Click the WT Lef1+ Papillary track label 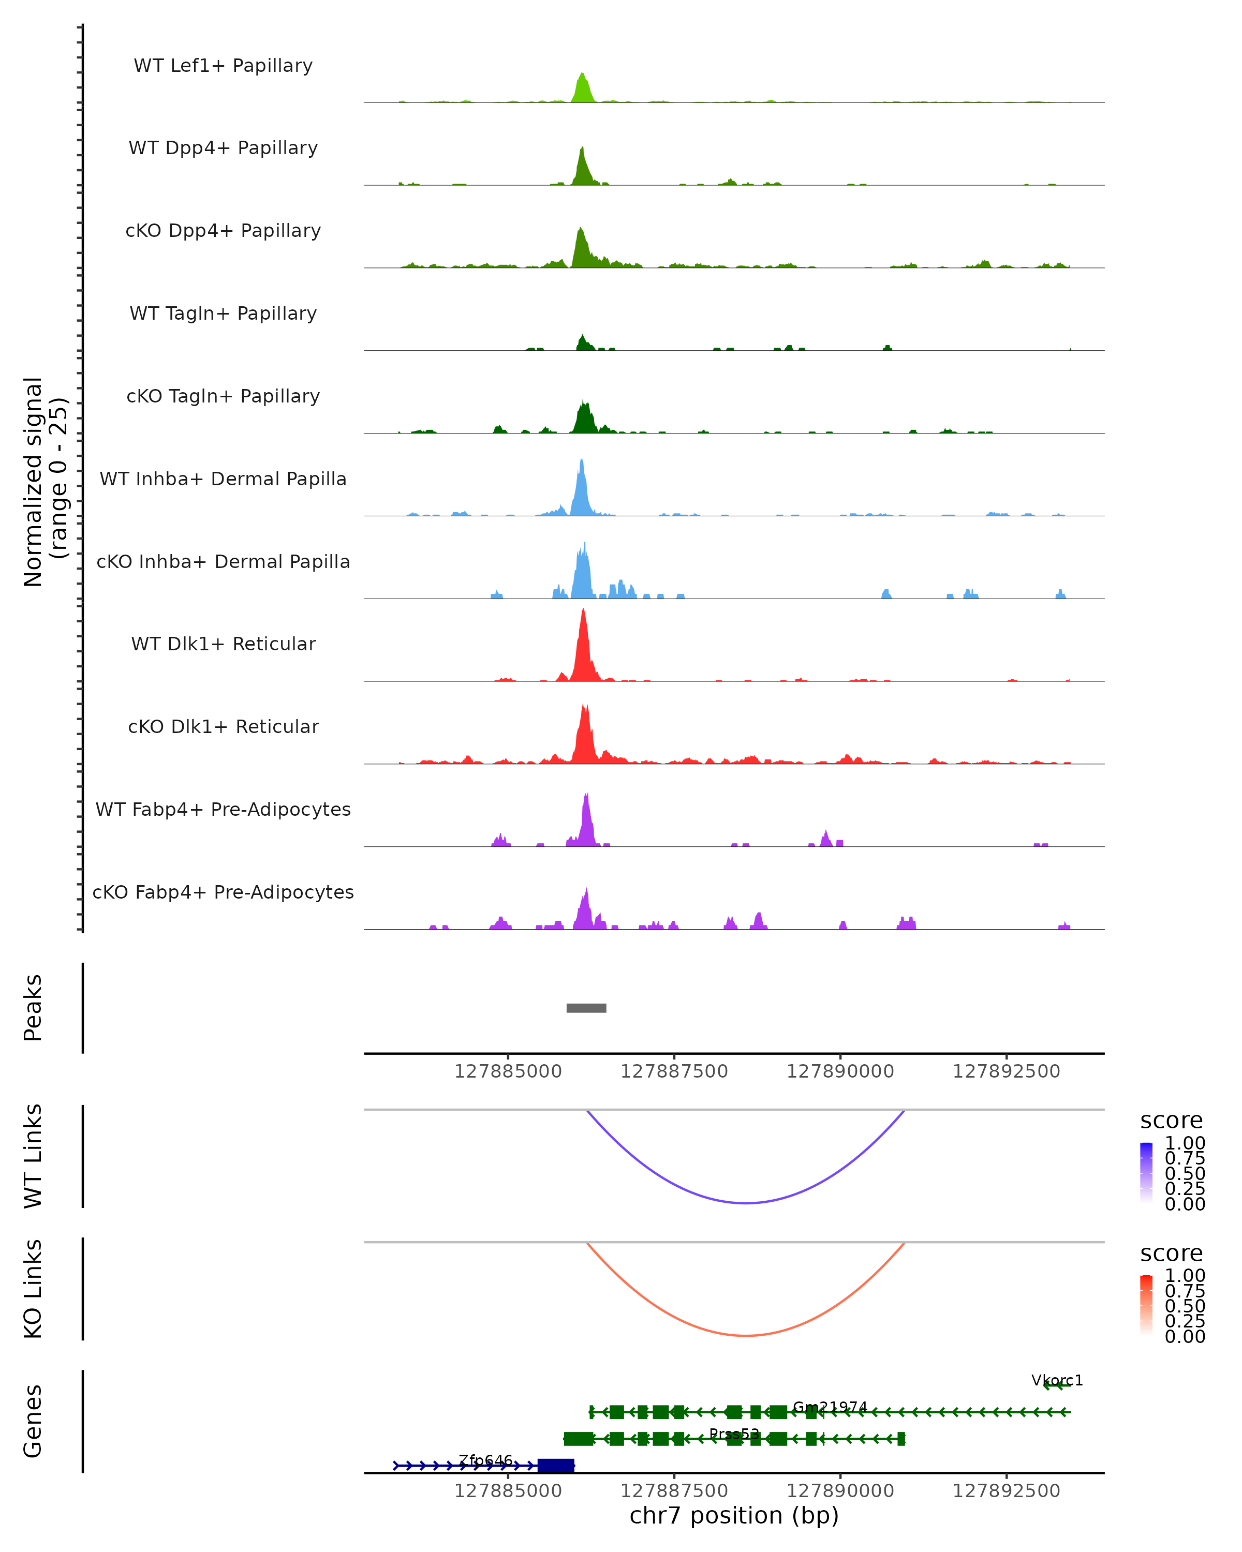tap(223, 66)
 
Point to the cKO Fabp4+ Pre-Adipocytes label tap(223, 892)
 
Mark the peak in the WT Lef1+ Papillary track tap(583, 75)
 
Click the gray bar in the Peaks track tap(586, 1008)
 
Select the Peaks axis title tap(33, 1008)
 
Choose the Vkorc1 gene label tap(1056, 1380)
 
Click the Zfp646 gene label tap(485, 1460)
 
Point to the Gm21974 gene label tap(830, 1407)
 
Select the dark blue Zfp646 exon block tap(556, 1466)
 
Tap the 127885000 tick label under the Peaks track tap(508, 1071)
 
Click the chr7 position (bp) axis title tap(734, 1516)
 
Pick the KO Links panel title tap(33, 1289)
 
